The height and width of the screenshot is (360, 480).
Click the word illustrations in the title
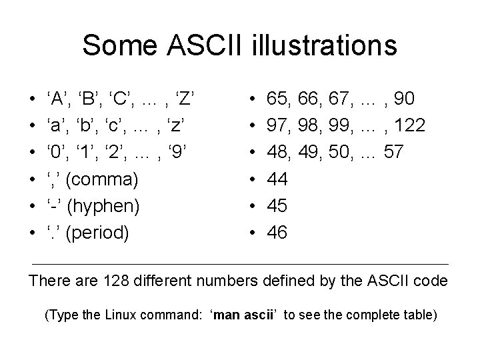(323, 45)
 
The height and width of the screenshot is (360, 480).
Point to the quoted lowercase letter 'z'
(175, 126)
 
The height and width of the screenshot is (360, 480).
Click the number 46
(277, 233)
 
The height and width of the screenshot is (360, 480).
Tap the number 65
(277, 99)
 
